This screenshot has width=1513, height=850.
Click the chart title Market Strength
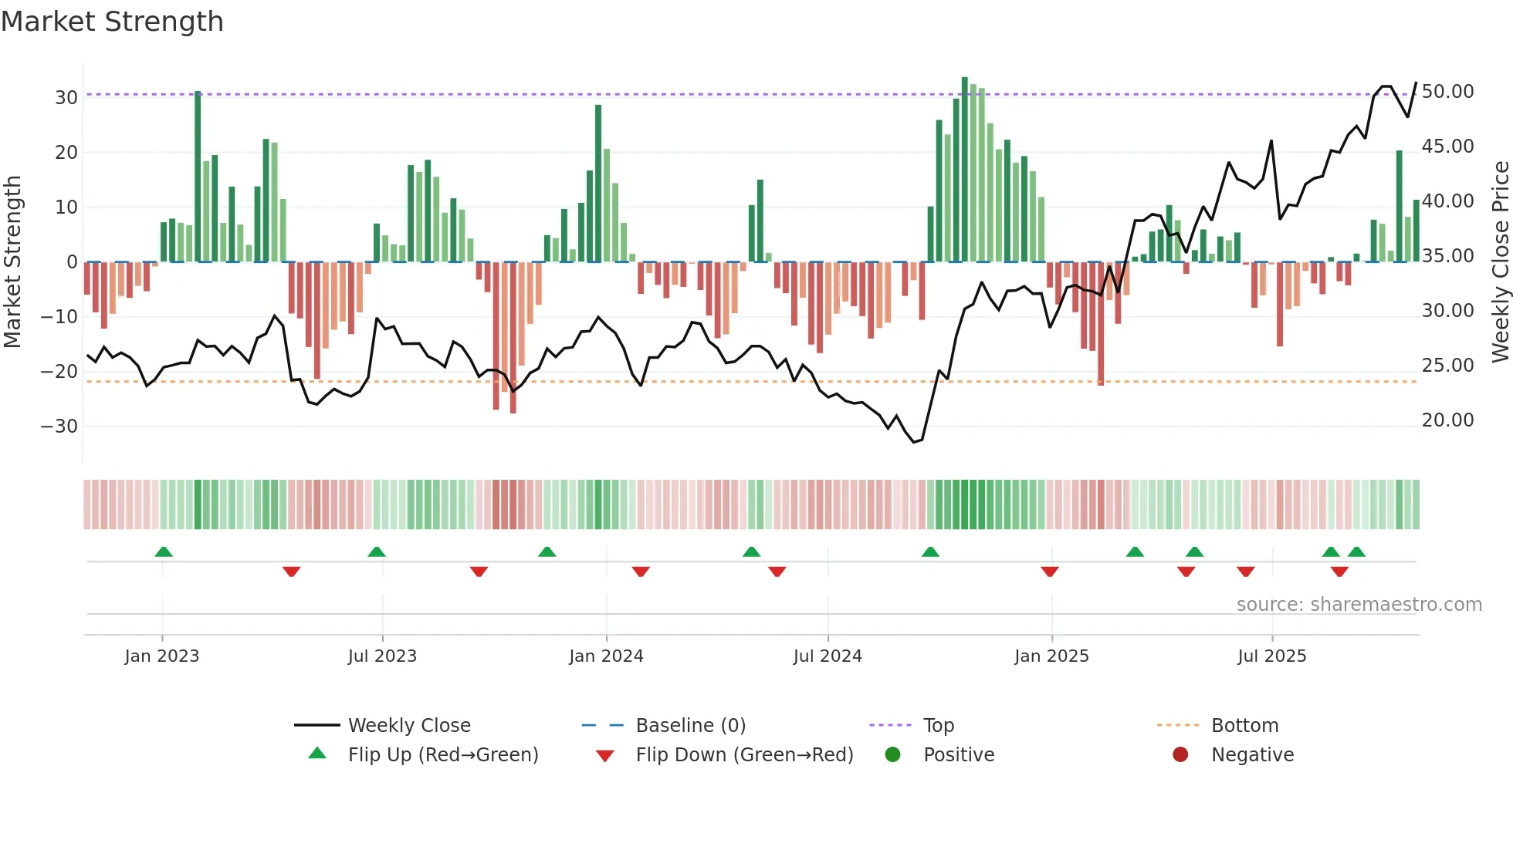point(112,22)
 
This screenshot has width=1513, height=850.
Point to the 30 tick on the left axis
point(66,98)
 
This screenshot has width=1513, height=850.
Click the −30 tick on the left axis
point(59,427)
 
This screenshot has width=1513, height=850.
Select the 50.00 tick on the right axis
point(1447,92)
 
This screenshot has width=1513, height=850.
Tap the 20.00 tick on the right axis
point(1447,420)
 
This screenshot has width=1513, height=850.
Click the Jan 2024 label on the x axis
point(606,656)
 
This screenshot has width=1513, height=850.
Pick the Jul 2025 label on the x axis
point(1271,656)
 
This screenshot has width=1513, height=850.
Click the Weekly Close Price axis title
point(1500,262)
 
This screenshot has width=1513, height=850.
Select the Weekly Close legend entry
point(408,726)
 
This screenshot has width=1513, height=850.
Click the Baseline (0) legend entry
point(690,726)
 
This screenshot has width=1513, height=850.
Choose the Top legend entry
point(938,726)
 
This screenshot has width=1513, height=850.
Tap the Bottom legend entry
point(1244,726)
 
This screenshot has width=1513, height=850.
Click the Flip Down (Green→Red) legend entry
point(744,755)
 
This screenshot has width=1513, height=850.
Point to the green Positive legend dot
point(893,755)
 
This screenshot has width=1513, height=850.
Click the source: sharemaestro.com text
point(1359,605)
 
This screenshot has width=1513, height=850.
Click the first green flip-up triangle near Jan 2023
point(164,552)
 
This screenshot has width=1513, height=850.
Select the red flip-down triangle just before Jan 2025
point(1050,572)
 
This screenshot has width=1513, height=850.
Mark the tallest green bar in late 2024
point(965,170)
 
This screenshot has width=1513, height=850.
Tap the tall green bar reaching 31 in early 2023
point(198,177)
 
